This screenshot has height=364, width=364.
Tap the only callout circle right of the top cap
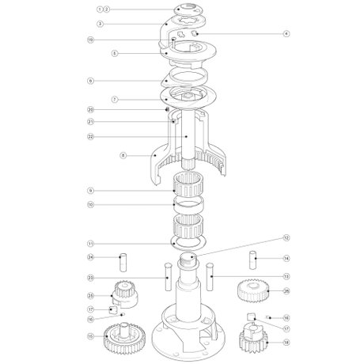click(286, 32)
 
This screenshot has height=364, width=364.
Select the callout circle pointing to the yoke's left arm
click(121, 155)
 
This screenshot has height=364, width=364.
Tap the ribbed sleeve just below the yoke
click(188, 191)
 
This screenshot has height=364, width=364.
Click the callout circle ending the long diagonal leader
click(286, 236)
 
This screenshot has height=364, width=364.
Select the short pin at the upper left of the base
click(123, 259)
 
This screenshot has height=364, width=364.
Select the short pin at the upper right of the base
click(252, 259)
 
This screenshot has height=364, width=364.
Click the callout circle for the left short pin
click(90, 258)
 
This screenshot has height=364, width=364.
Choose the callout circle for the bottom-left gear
click(90, 336)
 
